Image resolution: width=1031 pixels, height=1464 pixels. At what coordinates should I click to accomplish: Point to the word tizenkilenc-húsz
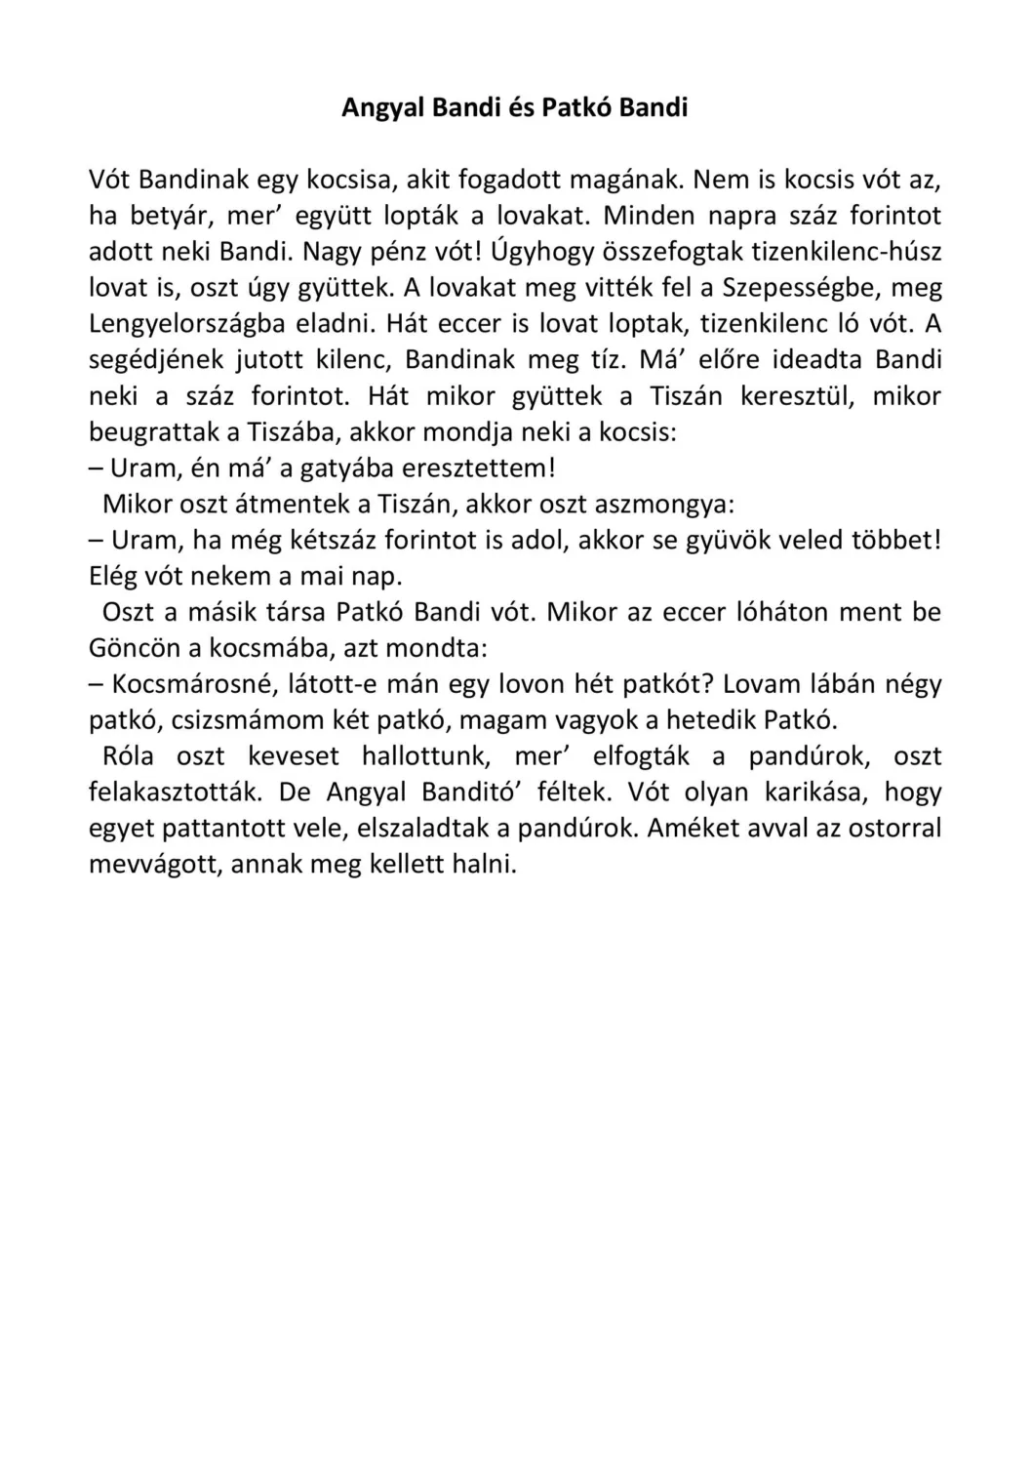point(848,252)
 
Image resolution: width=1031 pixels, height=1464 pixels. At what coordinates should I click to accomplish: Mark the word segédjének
point(155,360)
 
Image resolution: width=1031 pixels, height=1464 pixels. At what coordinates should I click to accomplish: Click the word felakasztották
point(176,793)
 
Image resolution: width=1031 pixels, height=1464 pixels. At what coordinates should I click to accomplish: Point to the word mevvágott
point(154,865)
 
